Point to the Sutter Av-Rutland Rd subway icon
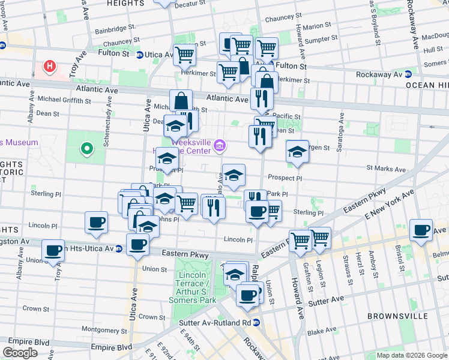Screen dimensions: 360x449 [x=256, y=323]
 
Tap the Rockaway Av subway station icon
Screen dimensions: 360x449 [x=408, y=74]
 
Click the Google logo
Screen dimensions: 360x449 [x=20, y=353]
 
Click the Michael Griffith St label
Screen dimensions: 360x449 [x=64, y=99]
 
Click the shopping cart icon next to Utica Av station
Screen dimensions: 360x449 [x=185, y=55]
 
